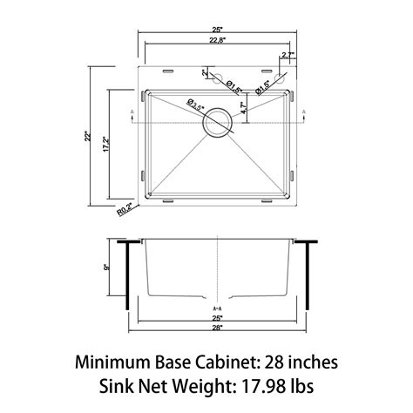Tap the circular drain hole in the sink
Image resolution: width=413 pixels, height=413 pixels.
[x=217, y=123]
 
